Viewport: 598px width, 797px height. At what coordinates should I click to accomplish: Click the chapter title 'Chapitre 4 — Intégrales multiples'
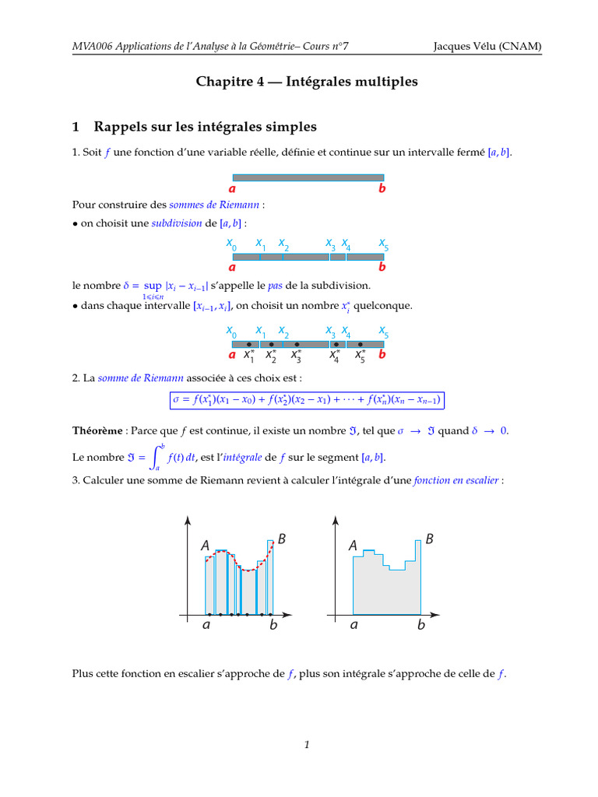coord(308,81)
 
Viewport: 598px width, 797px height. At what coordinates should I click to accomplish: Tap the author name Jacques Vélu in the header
coord(466,47)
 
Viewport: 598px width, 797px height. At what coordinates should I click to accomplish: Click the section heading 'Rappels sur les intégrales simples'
coord(205,126)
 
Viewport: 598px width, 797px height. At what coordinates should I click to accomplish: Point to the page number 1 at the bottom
coord(308,745)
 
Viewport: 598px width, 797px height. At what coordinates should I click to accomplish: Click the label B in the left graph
coord(282,539)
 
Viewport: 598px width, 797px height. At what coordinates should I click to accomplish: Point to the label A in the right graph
coord(353,547)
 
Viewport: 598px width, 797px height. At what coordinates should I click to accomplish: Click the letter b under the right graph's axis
coord(421,625)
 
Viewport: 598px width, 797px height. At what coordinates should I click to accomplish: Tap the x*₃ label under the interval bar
coord(297,356)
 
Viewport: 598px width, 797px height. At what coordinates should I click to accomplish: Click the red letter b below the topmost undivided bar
coord(382,188)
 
